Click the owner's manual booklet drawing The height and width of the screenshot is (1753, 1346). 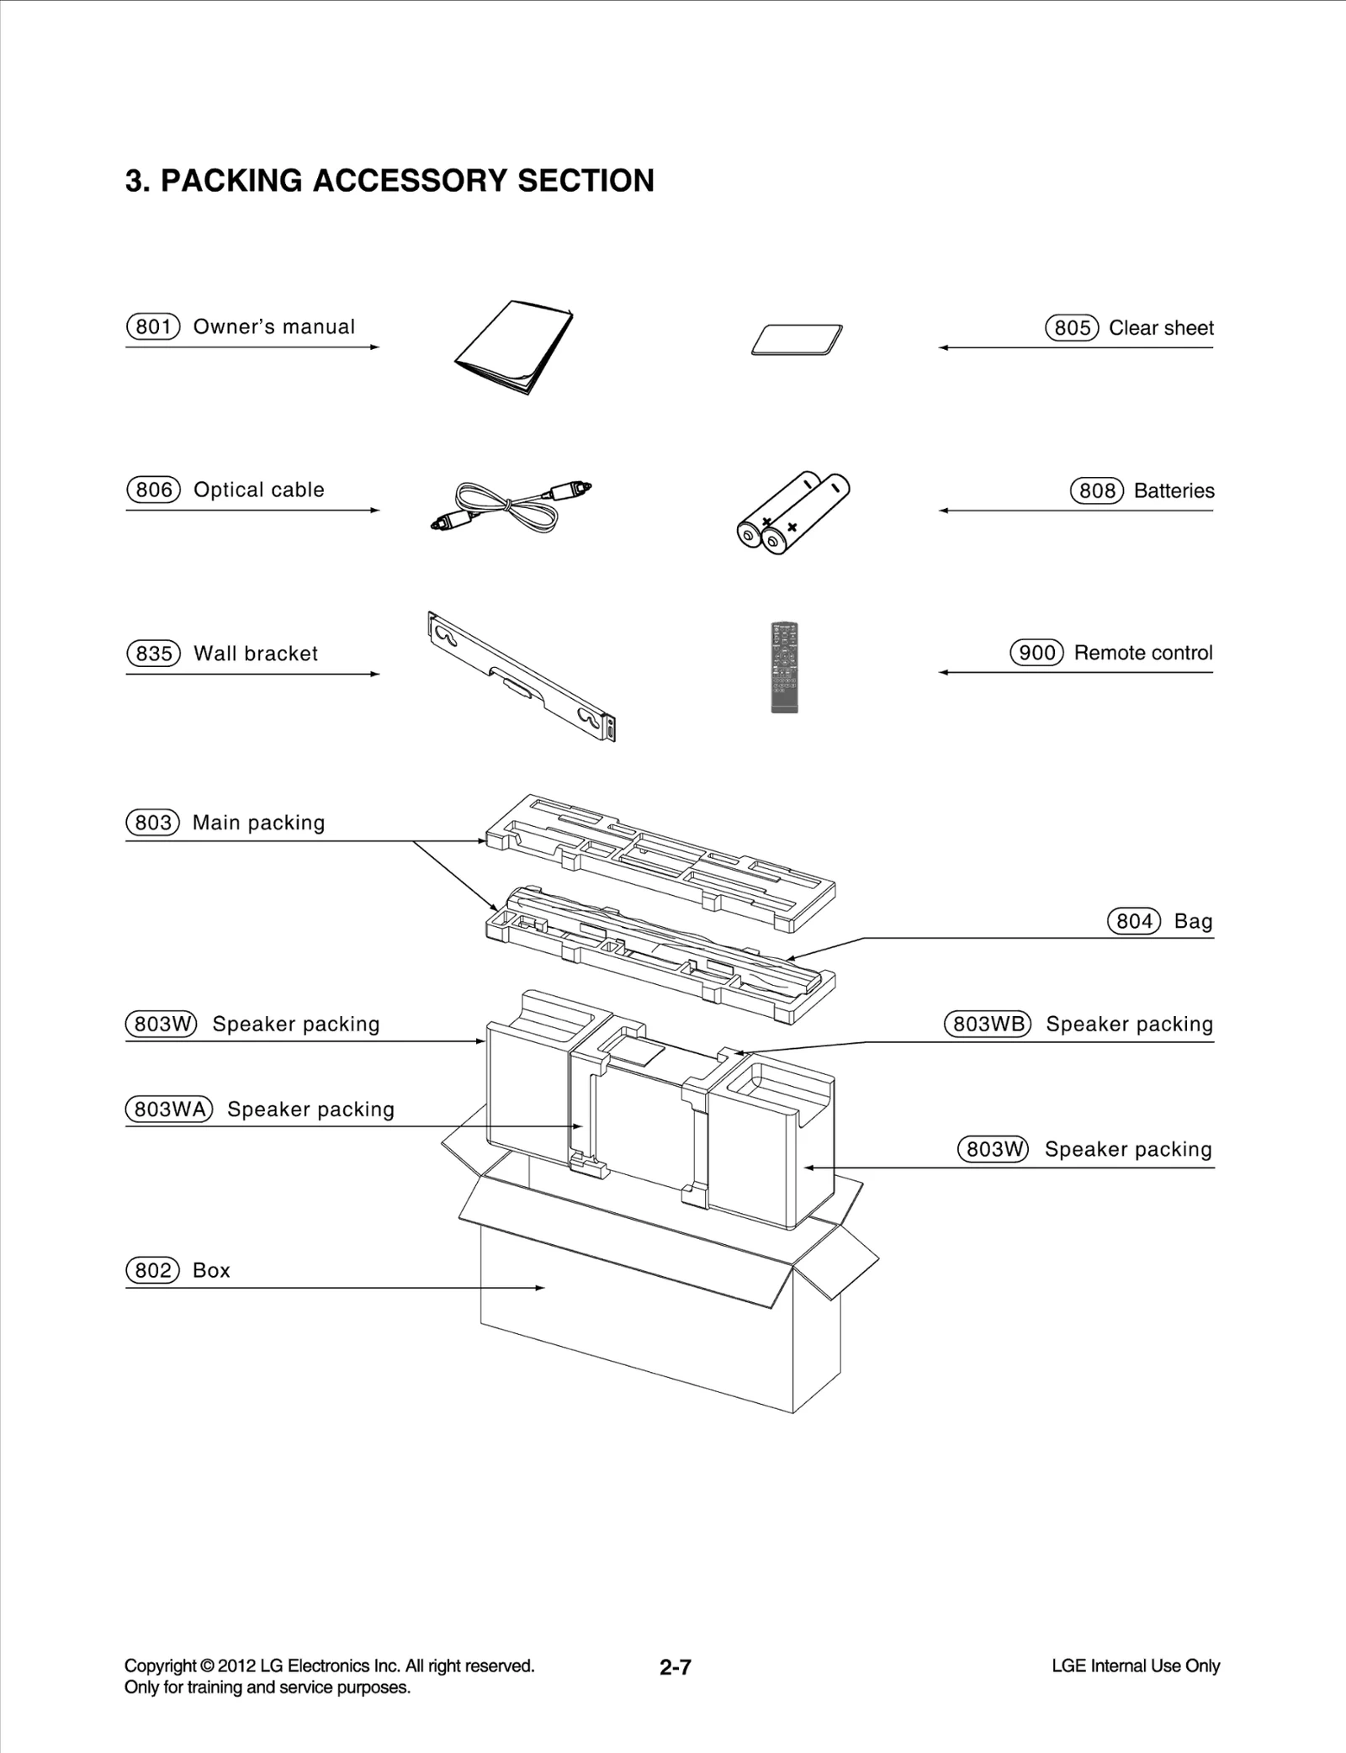pyautogui.click(x=513, y=347)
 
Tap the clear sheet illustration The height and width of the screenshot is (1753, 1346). pyautogui.click(x=797, y=340)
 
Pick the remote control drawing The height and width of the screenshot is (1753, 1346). pyautogui.click(x=784, y=667)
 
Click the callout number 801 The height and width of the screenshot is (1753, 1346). pyautogui.click(x=153, y=326)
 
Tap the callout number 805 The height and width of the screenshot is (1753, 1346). pyautogui.click(x=1072, y=328)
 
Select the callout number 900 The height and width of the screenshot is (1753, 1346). pyautogui.click(x=1036, y=653)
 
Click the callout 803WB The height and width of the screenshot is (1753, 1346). pyautogui.click(x=987, y=1024)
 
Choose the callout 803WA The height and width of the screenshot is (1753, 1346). pyautogui.click(x=169, y=1109)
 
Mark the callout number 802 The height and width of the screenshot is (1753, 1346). pyautogui.click(x=152, y=1270)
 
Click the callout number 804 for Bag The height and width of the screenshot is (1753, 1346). pyautogui.click(x=1133, y=921)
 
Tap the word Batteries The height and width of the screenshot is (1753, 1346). pyautogui.click(x=1174, y=490)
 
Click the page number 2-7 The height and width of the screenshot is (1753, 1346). pyautogui.click(x=675, y=1667)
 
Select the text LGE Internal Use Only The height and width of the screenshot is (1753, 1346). pyautogui.click(x=1135, y=1666)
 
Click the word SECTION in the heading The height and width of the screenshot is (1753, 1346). pyautogui.click(x=586, y=181)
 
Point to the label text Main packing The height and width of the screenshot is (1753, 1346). pyautogui.click(x=258, y=823)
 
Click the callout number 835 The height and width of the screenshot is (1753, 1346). pyautogui.click(x=153, y=654)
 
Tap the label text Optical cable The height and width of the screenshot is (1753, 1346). pyautogui.click(x=258, y=490)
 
